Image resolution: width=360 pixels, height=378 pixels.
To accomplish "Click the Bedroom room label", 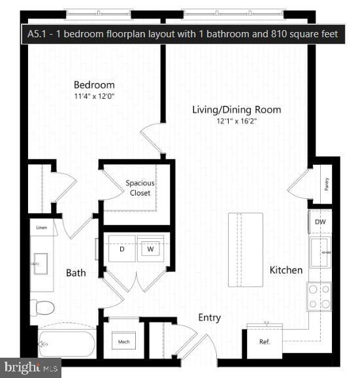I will pos(94,85).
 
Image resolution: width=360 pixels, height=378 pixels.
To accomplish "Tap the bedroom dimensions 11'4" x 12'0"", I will pos(94,97).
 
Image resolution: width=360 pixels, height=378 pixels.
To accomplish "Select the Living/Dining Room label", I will pos(237,109).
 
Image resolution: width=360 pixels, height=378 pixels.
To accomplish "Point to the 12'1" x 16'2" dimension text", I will pos(237,121).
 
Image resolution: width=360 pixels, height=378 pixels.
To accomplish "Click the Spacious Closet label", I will pos(140,188).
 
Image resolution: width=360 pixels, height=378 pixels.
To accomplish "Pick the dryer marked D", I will pos(122,249).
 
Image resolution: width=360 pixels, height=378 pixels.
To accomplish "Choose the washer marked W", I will pos(150,249).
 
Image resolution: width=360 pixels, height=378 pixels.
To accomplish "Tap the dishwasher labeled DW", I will pos(320,222).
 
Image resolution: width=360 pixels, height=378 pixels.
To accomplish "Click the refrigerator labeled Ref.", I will pos(264,342).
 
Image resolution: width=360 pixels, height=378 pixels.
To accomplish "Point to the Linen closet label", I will pos(42,228).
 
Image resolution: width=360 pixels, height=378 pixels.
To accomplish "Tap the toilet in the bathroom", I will pos(43,307).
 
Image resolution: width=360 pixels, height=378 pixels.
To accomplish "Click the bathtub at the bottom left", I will pos(67,343).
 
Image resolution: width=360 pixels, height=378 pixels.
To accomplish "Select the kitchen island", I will pos(246,249).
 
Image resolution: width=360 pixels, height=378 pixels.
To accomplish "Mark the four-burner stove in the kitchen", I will pos(319,296).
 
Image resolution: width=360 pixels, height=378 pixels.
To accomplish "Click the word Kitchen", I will pos(286,270).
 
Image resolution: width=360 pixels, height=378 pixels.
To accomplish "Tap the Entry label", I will pos(209,318).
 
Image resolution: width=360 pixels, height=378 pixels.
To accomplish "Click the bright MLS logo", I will pos(31,368).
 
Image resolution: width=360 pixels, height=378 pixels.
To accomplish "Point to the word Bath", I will pos(76,273).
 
